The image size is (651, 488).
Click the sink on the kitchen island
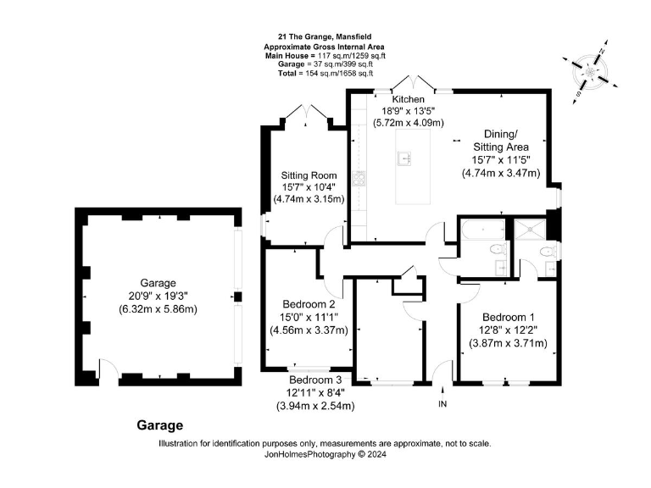pyautogui.click(x=406, y=158)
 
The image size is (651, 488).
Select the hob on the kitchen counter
pyautogui.click(x=360, y=177)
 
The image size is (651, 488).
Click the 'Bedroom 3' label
pyautogui.click(x=314, y=380)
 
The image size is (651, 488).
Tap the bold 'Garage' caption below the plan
pyautogui.click(x=159, y=425)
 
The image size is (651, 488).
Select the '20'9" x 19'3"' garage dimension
pyautogui.click(x=158, y=296)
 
